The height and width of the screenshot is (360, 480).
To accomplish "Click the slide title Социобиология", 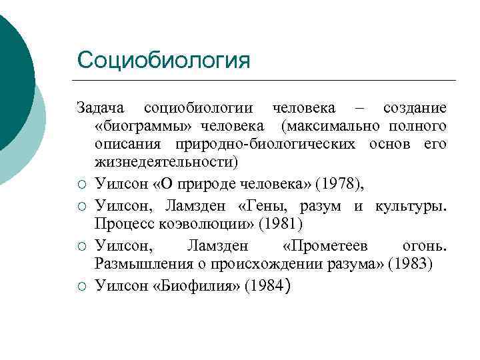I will pos(163,61).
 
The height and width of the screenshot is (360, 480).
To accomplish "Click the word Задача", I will pos(100,108).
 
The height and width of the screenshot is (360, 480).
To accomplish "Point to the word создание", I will pos(415,108).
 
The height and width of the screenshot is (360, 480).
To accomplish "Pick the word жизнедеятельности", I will pos(166,162).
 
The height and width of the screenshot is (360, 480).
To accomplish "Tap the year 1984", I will pos(266,286).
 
